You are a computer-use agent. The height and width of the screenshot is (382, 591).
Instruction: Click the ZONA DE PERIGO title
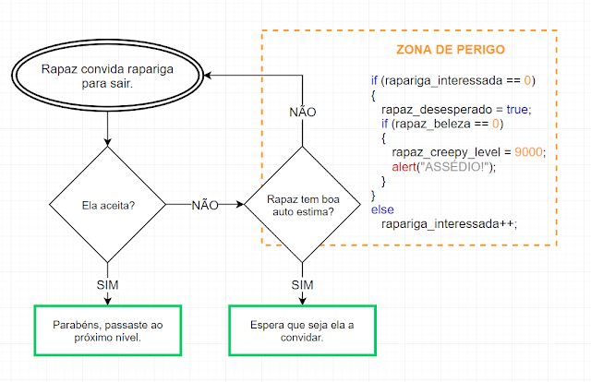pos(451,49)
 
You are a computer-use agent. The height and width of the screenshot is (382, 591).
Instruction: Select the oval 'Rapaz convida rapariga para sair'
pos(107,76)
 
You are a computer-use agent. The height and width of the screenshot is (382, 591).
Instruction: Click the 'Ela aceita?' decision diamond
pos(107,205)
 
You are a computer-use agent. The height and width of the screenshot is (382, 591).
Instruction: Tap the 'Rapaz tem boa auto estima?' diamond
pos(302,205)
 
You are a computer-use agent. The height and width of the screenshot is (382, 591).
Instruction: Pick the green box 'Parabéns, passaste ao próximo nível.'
pos(108,330)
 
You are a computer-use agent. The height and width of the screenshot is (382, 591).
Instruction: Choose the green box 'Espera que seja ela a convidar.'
pos(302,330)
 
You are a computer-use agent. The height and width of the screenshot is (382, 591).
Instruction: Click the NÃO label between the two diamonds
pos(205,206)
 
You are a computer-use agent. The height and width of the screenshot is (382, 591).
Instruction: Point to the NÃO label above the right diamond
pos(302,112)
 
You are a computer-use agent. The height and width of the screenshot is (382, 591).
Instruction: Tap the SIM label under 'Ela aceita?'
pos(107,285)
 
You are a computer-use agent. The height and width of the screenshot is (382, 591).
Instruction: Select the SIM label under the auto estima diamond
pos(302,285)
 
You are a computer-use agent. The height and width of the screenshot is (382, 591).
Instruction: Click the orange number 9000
pos(528,152)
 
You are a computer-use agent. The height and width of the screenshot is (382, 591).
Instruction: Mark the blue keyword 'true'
pos(517,109)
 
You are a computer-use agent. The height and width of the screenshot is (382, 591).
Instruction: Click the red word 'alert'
pos(404,166)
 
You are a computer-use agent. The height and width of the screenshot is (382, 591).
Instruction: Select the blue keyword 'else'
pos(382,209)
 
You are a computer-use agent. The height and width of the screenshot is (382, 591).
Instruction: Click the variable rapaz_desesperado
pos(437,110)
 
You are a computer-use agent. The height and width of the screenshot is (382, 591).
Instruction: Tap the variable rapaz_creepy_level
pos(446,152)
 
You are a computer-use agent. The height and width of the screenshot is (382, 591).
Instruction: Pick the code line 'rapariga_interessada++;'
pos(450,224)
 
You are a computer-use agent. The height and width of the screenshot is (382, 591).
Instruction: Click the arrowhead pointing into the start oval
pos(207,76)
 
